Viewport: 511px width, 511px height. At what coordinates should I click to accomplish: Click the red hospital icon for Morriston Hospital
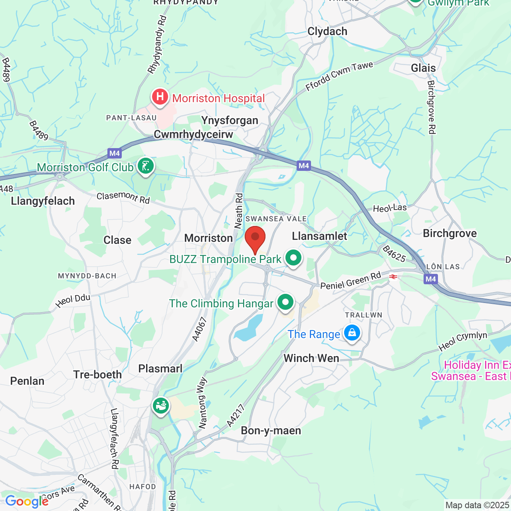[x=160, y=97]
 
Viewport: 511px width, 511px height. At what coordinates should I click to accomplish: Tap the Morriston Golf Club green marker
[x=145, y=166]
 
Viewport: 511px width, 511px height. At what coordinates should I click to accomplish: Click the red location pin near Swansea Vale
[x=255, y=238]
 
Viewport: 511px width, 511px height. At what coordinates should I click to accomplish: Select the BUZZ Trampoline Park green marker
[x=293, y=258]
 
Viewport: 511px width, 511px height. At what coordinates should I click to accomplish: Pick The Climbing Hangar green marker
[x=285, y=302]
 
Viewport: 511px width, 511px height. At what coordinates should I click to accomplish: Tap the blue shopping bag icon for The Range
[x=352, y=333]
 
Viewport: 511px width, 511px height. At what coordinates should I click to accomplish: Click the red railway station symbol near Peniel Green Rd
[x=393, y=277]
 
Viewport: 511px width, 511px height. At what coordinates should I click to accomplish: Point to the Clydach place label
[x=327, y=32]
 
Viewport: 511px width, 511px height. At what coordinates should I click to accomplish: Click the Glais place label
[x=423, y=68]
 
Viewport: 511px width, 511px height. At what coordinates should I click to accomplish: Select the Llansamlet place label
[x=319, y=236]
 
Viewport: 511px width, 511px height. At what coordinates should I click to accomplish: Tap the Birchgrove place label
[x=450, y=234]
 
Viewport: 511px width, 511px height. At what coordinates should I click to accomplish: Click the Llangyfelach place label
[x=43, y=201]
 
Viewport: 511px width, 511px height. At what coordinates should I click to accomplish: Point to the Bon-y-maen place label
[x=271, y=431]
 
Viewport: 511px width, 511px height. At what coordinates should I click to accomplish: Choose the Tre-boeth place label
[x=97, y=374]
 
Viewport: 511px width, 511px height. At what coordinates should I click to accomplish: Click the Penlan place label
[x=27, y=381]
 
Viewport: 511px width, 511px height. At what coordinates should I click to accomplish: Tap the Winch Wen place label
[x=311, y=358]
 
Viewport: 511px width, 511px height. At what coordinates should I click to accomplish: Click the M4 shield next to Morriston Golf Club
[x=115, y=153]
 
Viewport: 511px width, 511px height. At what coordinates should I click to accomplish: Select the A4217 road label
[x=235, y=416]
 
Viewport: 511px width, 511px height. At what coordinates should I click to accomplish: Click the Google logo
[x=27, y=501]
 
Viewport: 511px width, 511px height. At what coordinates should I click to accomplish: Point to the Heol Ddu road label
[x=73, y=301]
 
